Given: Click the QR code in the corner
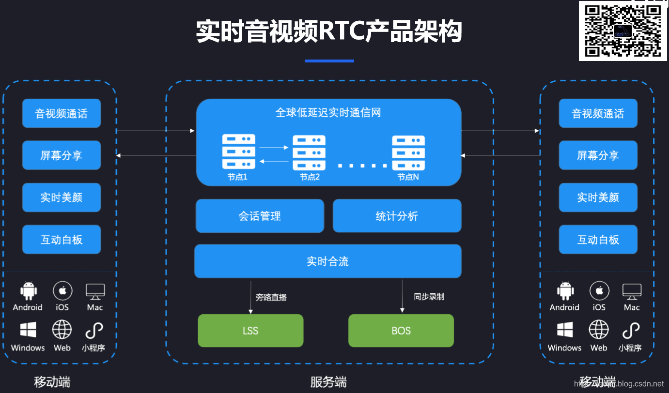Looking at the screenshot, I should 622,31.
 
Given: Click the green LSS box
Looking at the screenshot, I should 250,331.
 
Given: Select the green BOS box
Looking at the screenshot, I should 401,331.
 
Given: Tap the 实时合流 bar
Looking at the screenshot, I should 327,261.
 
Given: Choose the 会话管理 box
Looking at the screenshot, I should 260,216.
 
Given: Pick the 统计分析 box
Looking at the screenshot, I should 397,216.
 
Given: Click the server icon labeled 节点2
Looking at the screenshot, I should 309,152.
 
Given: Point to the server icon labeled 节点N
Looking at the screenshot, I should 408,152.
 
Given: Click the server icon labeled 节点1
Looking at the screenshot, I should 238,151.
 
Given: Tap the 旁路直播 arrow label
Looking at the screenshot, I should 271,297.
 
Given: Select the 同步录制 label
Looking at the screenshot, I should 429,296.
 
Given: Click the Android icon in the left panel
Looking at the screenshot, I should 28,291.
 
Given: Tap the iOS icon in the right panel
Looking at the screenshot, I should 599,291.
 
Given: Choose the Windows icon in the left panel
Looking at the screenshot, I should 28,330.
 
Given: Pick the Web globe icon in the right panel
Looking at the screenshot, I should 599,330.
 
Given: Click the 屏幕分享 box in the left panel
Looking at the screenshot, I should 62,155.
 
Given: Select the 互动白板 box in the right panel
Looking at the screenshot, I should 598,239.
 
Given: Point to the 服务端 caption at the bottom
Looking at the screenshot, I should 328,382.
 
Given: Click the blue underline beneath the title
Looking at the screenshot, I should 329,61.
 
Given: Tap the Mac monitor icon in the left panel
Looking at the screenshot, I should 95,291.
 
